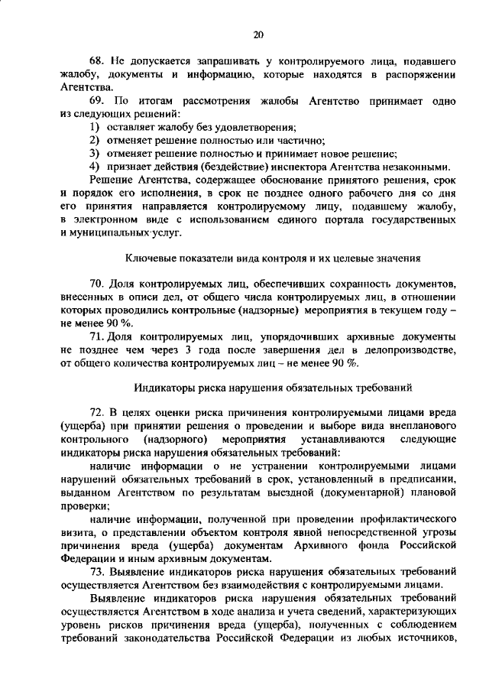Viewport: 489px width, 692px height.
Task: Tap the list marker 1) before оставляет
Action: [93, 127]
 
